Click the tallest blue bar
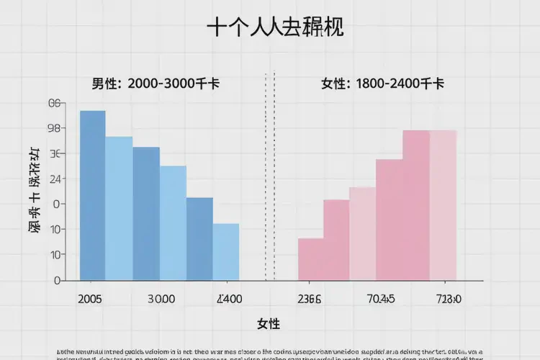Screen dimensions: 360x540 tap(92, 195)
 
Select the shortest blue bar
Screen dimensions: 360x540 tap(225, 251)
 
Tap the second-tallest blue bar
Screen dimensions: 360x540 tap(119, 208)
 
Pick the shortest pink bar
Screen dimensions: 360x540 tap(310, 259)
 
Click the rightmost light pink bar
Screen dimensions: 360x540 tap(443, 205)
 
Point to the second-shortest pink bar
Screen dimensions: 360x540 tap(336, 240)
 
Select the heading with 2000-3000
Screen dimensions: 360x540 tap(156, 84)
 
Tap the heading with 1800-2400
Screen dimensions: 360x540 tap(382, 84)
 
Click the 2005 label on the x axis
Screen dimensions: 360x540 tap(89, 299)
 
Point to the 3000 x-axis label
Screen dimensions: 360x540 tap(161, 299)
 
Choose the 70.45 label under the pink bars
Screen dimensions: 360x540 tap(381, 299)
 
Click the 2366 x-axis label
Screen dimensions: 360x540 tap(310, 299)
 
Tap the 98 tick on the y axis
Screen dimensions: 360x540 tap(56, 129)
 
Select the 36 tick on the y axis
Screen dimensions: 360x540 tap(56, 154)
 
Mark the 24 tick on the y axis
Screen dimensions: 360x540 tap(56, 179)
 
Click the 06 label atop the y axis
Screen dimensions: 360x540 tap(56, 104)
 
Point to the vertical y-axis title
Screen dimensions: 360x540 tap(33, 191)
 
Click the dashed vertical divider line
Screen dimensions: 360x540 tap(270, 176)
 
